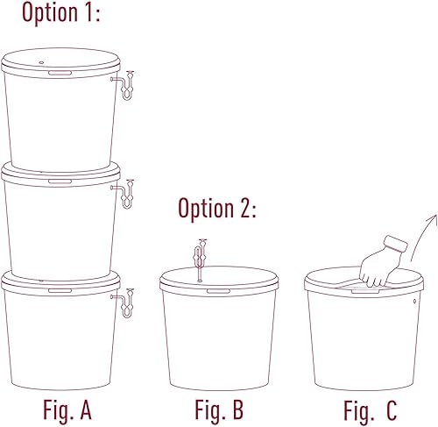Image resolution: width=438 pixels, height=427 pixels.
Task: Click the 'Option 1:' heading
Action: pos(61,12)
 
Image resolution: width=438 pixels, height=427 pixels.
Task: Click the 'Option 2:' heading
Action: pos(217,209)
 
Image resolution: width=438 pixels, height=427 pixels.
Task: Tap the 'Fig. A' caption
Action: pos(67,410)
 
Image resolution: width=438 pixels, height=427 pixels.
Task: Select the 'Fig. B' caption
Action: pos(219,410)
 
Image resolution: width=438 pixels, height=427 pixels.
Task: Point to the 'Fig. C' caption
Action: pos(371,411)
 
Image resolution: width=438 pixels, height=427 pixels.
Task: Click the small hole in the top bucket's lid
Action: pos(41,62)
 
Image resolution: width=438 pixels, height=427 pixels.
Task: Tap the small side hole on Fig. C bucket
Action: pos(414,301)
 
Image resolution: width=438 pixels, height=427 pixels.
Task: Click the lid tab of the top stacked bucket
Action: pos(60,73)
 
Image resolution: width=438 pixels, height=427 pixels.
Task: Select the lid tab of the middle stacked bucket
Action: pos(60,181)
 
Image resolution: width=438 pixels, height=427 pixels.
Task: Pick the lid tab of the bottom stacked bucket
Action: pos(60,290)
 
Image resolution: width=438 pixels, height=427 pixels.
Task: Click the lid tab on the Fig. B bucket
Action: pos(219,291)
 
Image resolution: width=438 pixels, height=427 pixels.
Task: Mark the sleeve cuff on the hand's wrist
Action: pos(396,245)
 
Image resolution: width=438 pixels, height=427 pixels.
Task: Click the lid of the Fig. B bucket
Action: pos(219,281)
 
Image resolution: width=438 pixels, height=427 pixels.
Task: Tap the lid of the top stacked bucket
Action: pos(60,63)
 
